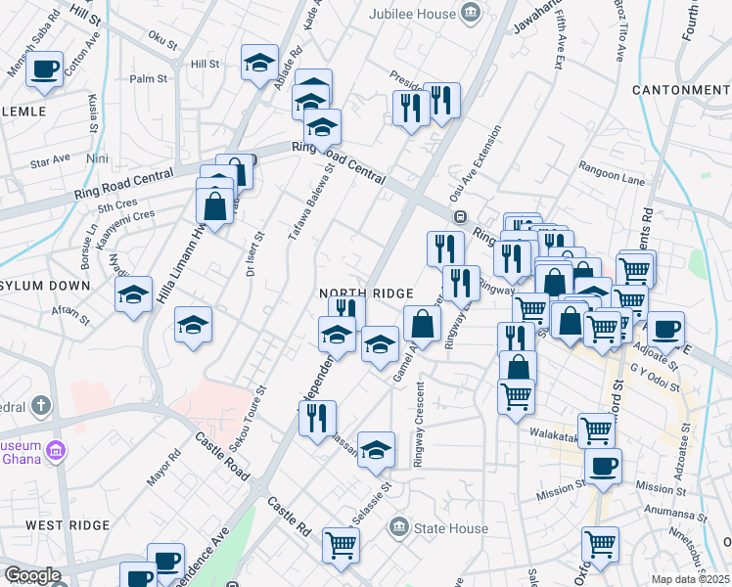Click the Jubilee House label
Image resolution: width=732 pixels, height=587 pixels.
(412, 14)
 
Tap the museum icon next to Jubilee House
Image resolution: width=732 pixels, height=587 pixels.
(472, 13)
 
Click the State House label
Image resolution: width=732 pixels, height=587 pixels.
(451, 529)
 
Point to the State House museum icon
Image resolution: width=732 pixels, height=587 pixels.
(399, 528)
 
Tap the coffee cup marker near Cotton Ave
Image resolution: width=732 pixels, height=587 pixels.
(44, 70)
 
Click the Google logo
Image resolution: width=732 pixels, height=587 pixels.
(31, 575)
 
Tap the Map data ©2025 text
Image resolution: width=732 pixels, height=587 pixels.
(691, 579)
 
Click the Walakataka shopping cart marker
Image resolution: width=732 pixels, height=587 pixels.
(596, 429)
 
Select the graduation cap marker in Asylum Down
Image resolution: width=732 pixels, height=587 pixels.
(134, 294)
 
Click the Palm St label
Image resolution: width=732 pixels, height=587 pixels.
(149, 78)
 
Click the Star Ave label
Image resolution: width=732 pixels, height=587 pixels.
(51, 158)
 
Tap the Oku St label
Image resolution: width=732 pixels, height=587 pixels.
(162, 44)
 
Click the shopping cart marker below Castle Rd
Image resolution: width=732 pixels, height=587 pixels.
(341, 544)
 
